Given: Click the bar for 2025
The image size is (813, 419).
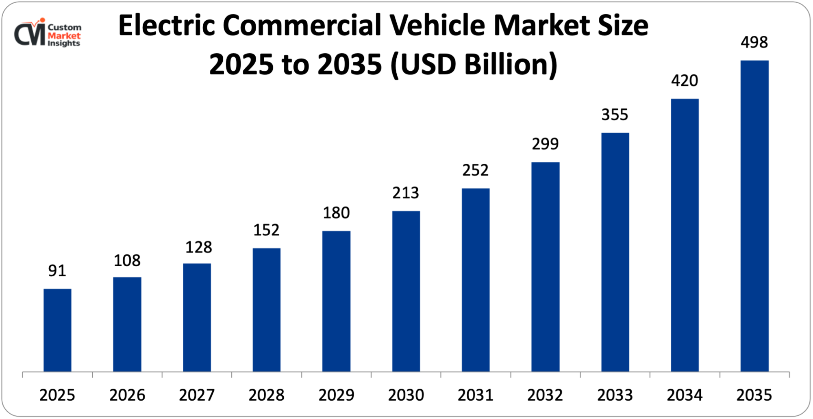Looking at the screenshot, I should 57,330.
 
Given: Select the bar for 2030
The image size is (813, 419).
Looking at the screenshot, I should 406,291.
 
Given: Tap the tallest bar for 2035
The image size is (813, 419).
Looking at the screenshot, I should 754,216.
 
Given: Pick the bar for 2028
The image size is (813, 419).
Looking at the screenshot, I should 267,310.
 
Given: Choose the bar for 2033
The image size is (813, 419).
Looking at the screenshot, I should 615,252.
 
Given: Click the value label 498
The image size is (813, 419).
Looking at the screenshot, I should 754,42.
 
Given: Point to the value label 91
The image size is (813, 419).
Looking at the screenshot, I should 57,271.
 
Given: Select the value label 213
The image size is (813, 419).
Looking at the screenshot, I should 405,193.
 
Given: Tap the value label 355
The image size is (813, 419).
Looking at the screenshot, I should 615,115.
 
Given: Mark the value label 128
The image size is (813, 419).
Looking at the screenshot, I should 198,247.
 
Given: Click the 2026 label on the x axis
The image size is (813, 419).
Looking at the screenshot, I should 127,395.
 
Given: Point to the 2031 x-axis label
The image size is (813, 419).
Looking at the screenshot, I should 475,395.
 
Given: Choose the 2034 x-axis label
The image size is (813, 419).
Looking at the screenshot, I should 685,395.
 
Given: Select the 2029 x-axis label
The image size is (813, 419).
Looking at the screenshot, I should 336,395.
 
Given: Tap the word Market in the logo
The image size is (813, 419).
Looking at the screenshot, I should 64,36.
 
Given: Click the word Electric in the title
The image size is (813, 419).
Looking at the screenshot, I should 166,25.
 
